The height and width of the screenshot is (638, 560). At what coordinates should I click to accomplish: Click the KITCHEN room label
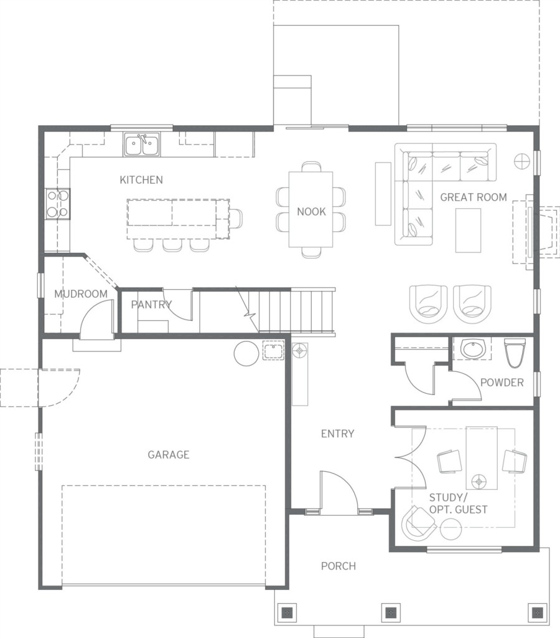pyautogui.click(x=141, y=180)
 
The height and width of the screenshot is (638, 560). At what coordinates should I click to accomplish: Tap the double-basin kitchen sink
pyautogui.click(x=142, y=145)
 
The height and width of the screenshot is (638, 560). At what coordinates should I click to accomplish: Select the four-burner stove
pyautogui.click(x=57, y=204)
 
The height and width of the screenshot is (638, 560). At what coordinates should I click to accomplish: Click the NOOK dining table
pyautogui.click(x=311, y=209)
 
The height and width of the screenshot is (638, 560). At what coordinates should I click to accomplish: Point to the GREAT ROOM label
pyautogui.click(x=474, y=198)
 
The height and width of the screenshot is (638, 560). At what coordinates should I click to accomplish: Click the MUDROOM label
pyautogui.click(x=81, y=294)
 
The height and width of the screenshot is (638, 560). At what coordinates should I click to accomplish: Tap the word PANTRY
pyautogui.click(x=151, y=304)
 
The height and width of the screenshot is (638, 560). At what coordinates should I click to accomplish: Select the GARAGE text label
pyautogui.click(x=168, y=454)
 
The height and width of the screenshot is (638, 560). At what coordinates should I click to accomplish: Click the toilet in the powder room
pyautogui.click(x=515, y=353)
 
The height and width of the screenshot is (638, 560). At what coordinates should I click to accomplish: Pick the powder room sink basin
pyautogui.click(x=474, y=349)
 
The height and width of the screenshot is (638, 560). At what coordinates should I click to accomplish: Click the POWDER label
pyautogui.click(x=502, y=383)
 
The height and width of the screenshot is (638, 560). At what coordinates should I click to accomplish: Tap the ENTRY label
pyautogui.click(x=337, y=434)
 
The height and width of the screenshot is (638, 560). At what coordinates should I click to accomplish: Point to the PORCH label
pyautogui.click(x=338, y=566)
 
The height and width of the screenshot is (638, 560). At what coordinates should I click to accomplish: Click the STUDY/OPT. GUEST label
pyautogui.click(x=458, y=503)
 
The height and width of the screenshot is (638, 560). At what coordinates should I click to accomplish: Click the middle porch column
pyautogui.click(x=390, y=612)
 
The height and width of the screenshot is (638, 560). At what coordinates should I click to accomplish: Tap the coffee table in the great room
pyautogui.click(x=468, y=231)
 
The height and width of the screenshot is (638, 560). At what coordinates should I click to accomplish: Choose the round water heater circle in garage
pyautogui.click(x=246, y=353)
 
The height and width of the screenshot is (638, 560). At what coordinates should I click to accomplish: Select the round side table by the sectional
pyautogui.click(x=522, y=161)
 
